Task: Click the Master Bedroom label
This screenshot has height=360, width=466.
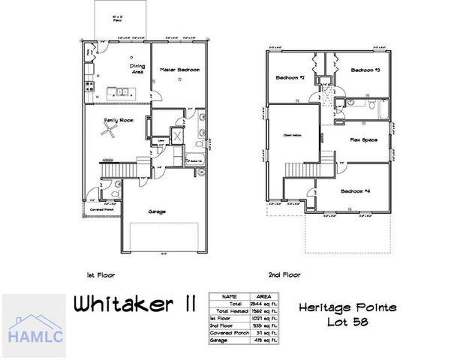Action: (180, 70)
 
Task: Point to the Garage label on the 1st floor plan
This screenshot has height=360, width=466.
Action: (158, 211)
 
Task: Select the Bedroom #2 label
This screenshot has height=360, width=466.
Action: (289, 77)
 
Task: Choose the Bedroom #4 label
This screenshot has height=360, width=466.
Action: (356, 192)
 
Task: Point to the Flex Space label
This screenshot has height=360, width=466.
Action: (363, 140)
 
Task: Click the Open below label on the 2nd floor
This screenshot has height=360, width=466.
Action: (292, 136)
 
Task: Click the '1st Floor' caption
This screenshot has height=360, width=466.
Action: (100, 275)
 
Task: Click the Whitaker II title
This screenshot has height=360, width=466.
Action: (135, 305)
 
